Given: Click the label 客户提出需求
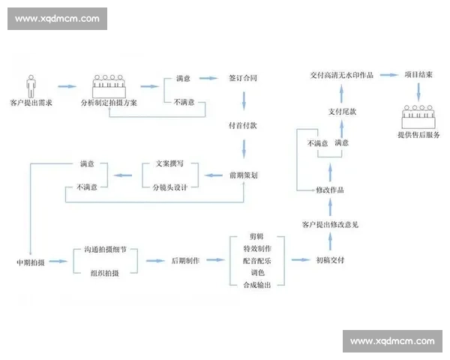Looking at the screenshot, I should tap(31, 102).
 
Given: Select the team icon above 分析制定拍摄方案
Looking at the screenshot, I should tap(110, 85).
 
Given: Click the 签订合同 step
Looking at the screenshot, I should tap(243, 77).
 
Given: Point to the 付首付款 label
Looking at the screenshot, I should tap(243, 126).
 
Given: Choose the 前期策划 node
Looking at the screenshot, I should tap(244, 175).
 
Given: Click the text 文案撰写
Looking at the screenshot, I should tap(170, 163).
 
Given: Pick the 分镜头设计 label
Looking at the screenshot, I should tap(170, 186).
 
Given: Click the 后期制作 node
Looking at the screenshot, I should tap(184, 261).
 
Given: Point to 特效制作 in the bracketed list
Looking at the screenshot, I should tap(257, 248).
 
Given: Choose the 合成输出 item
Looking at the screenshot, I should tap(257, 285).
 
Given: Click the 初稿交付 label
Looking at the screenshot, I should tap(330, 261).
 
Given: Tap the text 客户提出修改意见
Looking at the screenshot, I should tap(330, 224).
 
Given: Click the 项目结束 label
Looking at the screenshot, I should tap(419, 75).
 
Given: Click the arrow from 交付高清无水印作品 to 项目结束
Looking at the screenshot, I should tap(387, 75).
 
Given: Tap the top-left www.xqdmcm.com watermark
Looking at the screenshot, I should tap(57, 18).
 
